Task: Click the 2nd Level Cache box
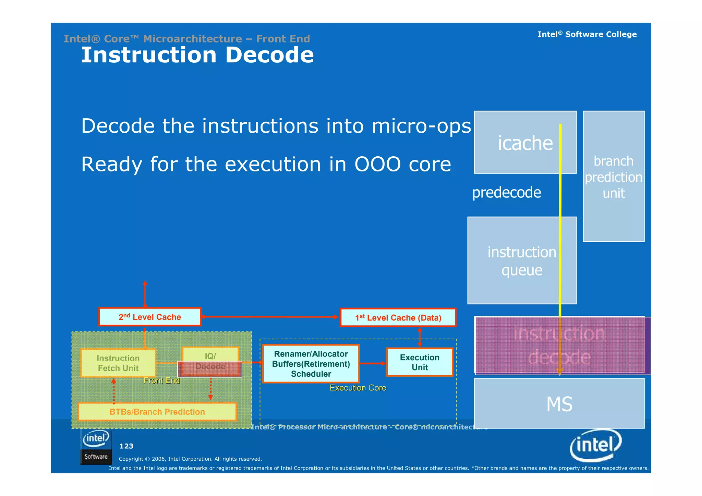[150, 317]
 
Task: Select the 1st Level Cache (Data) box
[398, 318]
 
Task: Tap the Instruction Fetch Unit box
[118, 363]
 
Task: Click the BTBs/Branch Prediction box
[157, 412]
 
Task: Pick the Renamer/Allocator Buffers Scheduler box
[311, 364]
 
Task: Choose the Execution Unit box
[420, 362]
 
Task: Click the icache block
[525, 143]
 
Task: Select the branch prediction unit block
[613, 177]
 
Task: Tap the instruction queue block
[521, 261]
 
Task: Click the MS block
[559, 404]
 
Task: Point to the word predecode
[506, 192]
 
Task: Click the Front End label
[161, 380]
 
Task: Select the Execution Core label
[358, 388]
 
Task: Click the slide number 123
[126, 446]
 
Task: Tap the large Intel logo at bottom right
[595, 445]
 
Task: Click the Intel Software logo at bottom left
[96, 447]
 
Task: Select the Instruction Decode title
[197, 55]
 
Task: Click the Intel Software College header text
[587, 34]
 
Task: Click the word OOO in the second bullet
[377, 164]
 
